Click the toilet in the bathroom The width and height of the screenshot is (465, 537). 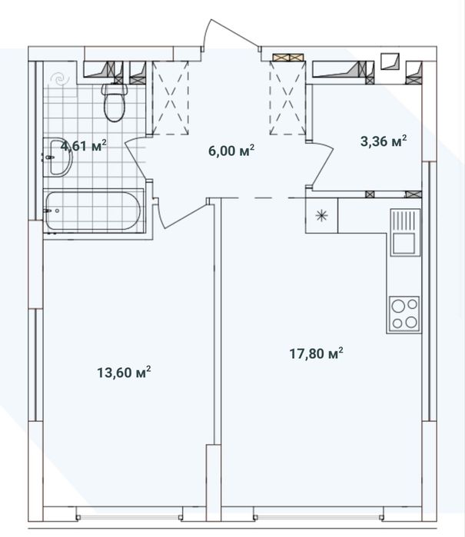(x=115, y=102)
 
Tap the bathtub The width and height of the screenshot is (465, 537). (x=93, y=210)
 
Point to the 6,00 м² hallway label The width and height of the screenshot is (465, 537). (x=231, y=151)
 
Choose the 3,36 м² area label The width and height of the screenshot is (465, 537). (x=384, y=141)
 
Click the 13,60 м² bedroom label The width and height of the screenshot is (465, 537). (x=124, y=373)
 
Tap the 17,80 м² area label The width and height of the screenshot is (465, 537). (x=317, y=353)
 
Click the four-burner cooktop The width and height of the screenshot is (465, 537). (x=404, y=314)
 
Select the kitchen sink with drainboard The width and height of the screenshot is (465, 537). (x=405, y=232)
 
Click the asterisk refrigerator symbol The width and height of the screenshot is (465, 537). (x=321, y=216)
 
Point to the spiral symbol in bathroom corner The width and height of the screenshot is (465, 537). (x=59, y=80)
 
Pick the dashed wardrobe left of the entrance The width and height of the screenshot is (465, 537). (x=171, y=98)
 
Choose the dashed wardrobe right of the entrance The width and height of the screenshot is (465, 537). (x=287, y=98)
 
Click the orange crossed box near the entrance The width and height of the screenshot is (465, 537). (x=288, y=57)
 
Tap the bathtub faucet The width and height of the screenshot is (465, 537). (x=48, y=211)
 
